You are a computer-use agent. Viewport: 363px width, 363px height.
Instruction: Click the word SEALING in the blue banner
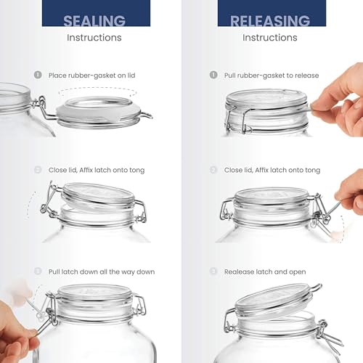94,20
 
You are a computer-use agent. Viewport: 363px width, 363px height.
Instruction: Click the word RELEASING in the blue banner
269,20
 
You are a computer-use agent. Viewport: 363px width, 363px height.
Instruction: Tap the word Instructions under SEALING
94,37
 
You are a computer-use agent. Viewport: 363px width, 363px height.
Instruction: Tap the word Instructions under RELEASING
270,37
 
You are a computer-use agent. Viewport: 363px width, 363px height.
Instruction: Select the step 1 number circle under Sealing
38,75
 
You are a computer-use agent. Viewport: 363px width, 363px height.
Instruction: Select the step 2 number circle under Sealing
38,170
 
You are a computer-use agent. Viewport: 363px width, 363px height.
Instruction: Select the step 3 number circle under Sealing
38,272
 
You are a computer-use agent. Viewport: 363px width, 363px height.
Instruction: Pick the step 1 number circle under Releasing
213,75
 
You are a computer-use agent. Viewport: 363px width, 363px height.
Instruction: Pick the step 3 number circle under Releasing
213,272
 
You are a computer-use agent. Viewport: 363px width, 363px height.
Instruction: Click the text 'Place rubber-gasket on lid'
91,75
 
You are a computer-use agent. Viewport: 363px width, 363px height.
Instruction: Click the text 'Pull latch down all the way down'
102,272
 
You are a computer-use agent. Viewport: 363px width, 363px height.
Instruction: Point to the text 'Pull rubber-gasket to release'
272,75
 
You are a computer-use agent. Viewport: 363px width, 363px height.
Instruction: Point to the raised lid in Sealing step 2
98,195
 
